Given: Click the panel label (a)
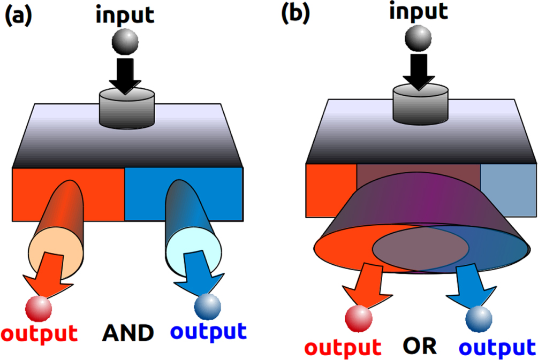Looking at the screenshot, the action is click(x=18, y=16).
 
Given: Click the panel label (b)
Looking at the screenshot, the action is click(x=295, y=14).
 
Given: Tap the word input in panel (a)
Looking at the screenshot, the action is click(x=125, y=16).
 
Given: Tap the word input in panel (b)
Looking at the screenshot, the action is click(x=419, y=12).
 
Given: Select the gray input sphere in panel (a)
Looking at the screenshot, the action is click(x=125, y=42).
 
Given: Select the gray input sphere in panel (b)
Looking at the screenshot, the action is click(x=418, y=38).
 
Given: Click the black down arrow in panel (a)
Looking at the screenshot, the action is click(x=125, y=76).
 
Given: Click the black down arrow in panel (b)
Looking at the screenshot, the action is click(x=419, y=72).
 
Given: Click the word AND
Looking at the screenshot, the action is click(x=128, y=333).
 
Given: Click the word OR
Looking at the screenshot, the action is click(x=420, y=346).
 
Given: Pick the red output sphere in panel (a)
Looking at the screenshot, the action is click(x=39, y=309).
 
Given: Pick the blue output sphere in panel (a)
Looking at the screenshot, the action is click(x=208, y=307).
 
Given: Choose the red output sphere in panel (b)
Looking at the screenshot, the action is click(x=359, y=318).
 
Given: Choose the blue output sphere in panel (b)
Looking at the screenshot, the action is click(x=479, y=319).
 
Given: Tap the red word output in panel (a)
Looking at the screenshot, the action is click(x=40, y=334).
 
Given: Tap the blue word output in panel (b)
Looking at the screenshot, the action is click(x=497, y=348).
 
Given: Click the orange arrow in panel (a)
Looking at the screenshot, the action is click(x=49, y=275).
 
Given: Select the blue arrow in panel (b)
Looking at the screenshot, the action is click(x=472, y=285).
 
